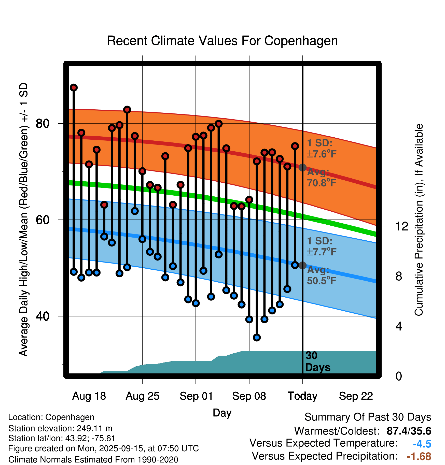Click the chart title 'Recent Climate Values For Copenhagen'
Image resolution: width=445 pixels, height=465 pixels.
[x=222, y=41]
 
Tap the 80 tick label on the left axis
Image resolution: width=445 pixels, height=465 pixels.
[x=43, y=124]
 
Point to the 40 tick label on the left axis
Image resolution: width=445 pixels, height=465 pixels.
[x=43, y=316]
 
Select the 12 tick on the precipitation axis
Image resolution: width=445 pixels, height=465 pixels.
[x=401, y=226]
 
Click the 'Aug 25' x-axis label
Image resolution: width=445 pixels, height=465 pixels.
[x=142, y=396]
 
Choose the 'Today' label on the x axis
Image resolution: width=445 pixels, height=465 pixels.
[x=302, y=396]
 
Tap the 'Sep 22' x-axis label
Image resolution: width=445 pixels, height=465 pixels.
[x=356, y=396]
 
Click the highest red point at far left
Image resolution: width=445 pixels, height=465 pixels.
[x=74, y=88]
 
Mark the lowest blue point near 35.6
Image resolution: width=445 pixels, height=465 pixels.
[x=257, y=338]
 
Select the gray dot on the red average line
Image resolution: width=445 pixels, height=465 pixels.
[x=302, y=168]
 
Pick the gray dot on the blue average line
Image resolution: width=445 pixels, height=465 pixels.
[x=302, y=265]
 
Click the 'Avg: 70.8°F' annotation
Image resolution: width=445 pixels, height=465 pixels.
[x=321, y=178]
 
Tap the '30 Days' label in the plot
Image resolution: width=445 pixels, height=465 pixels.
[x=317, y=361]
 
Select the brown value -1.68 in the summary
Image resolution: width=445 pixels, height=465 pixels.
[x=419, y=456]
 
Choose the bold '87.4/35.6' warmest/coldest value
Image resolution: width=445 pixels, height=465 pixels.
[x=409, y=431]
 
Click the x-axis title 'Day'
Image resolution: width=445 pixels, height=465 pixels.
[x=222, y=413]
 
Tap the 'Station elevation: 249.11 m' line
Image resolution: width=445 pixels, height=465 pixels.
[x=60, y=428]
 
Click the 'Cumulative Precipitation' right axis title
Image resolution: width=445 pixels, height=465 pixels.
[x=419, y=220]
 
